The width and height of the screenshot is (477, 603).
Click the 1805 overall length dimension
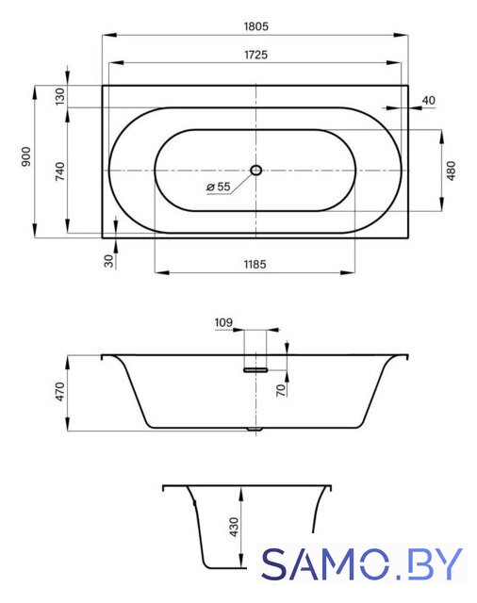point(255,26)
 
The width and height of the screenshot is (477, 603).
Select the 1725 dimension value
point(255,55)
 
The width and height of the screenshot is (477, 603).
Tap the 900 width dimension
point(26,156)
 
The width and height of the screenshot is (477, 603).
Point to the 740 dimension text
point(60,171)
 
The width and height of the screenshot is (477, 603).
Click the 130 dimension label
point(59,96)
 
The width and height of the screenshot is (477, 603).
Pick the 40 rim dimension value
point(429,101)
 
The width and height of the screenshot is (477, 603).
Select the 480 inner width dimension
point(452,171)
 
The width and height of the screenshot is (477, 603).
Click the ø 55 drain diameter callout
point(218,187)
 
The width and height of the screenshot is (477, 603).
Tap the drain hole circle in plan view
point(255,170)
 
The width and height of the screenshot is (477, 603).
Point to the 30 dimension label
point(109,261)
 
